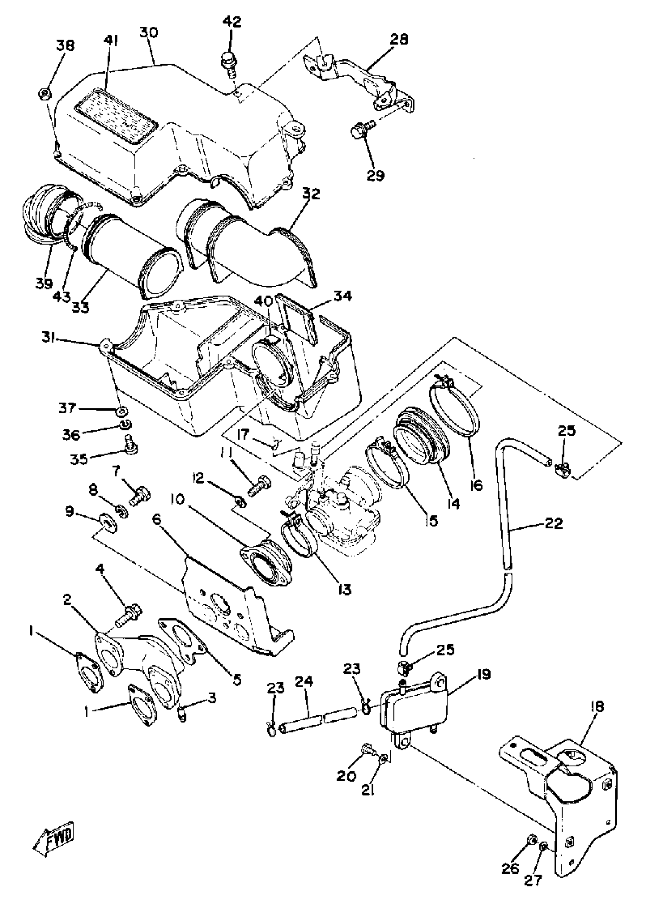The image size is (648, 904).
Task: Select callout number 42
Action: pyautogui.click(x=231, y=21)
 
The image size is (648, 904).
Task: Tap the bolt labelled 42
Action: pyautogui.click(x=228, y=61)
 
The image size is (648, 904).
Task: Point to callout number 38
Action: pyautogui.click(x=65, y=45)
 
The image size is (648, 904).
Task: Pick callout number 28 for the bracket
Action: pyautogui.click(x=399, y=39)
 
